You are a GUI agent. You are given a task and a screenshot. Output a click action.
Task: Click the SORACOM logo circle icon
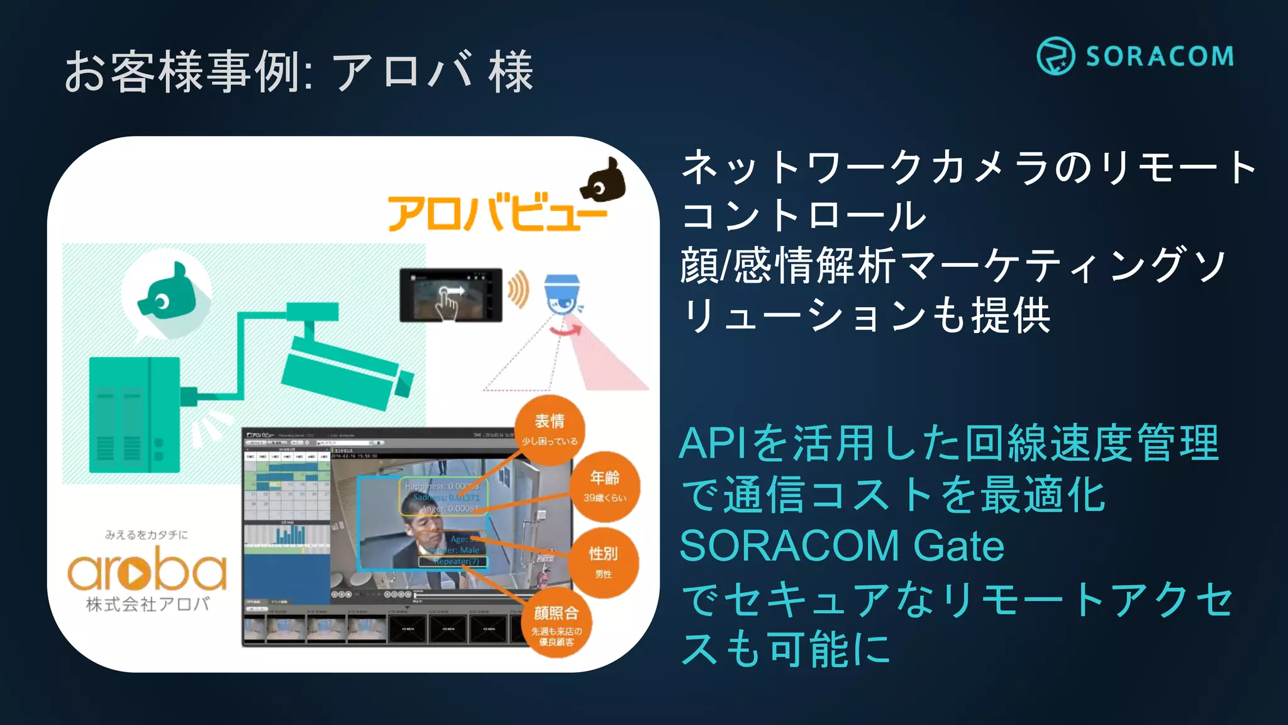tap(1055, 56)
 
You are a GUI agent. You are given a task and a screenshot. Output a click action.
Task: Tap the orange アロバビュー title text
tap(497, 213)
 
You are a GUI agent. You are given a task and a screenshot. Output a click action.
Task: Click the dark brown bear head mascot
tap(604, 181)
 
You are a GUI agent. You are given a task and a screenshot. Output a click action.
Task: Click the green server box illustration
tap(135, 415)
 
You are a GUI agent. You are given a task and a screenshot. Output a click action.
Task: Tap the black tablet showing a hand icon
tap(451, 295)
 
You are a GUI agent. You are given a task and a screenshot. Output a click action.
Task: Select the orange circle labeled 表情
tap(550, 429)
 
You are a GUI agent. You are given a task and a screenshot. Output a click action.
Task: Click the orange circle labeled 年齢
tap(604, 486)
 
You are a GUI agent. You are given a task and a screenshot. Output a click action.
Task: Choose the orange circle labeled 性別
tap(603, 561)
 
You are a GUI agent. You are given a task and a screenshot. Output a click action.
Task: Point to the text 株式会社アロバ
tap(148, 604)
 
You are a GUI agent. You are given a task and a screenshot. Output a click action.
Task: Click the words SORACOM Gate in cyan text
tap(841, 546)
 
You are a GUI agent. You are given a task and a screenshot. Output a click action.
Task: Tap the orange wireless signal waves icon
tap(518, 289)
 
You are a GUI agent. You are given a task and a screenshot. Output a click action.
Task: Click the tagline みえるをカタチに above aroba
tap(147, 535)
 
